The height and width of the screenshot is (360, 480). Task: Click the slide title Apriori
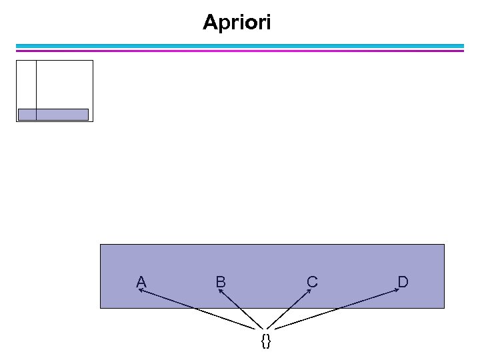237,23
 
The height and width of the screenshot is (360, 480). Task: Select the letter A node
141,282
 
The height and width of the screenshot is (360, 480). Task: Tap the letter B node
220,282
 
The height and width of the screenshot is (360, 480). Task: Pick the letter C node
311,282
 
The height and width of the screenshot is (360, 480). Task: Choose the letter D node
403,282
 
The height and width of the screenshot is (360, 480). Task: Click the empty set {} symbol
266,341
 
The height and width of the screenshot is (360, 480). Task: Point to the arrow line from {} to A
200,309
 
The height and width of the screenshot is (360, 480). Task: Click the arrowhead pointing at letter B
221,291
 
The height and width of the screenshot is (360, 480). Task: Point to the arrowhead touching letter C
309,291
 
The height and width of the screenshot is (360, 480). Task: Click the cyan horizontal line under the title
240,46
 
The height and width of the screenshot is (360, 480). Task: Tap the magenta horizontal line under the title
240,50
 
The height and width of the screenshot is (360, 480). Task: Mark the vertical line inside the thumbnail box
36,83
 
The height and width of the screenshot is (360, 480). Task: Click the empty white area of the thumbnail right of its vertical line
63,83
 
